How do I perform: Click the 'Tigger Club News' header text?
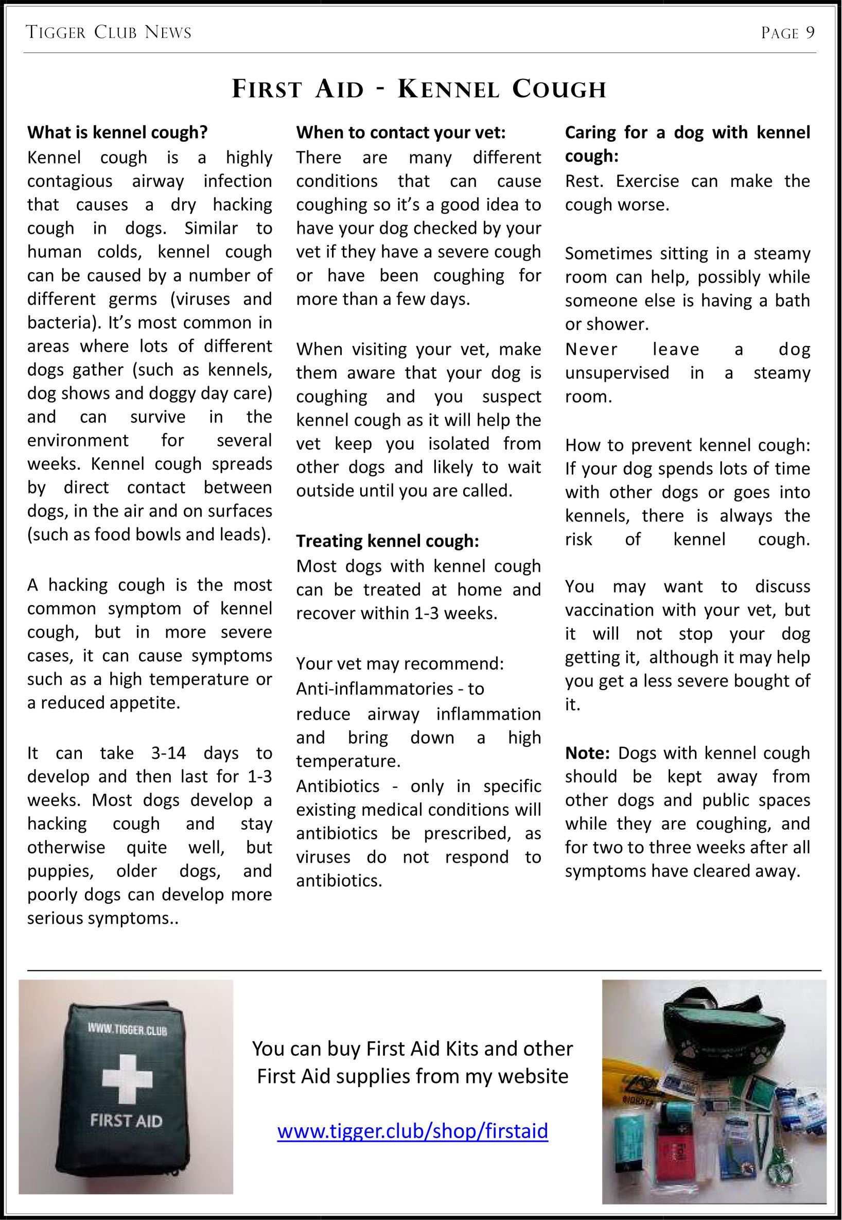(x=109, y=33)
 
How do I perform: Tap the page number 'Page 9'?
(x=787, y=33)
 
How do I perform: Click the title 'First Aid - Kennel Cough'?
(x=419, y=89)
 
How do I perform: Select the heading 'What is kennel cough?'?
(x=118, y=132)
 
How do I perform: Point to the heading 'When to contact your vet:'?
(x=400, y=132)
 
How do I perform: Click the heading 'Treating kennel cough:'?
(x=387, y=541)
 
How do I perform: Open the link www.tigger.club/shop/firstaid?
(x=413, y=1130)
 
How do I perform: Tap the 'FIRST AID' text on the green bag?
(x=126, y=1120)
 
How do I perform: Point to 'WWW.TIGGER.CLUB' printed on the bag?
(x=127, y=1029)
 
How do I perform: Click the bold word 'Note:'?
(x=587, y=752)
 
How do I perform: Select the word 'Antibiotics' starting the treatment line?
(x=338, y=786)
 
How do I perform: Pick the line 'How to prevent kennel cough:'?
(x=687, y=444)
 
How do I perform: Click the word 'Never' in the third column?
(x=591, y=349)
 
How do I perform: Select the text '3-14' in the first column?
(x=168, y=752)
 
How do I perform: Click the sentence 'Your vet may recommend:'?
(x=399, y=663)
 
